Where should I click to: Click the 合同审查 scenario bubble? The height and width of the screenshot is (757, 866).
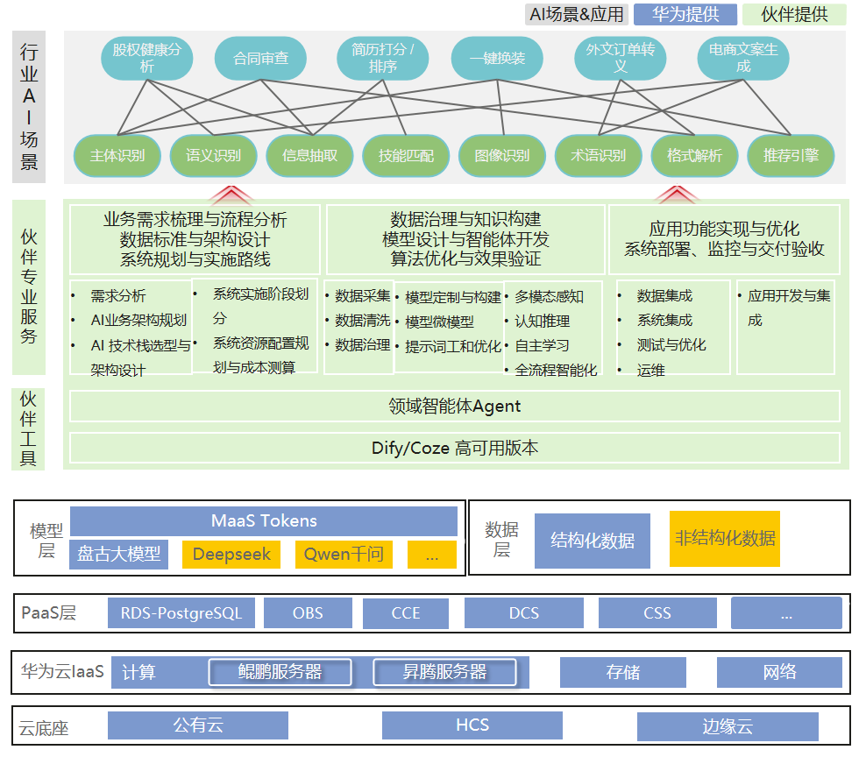coord(260,59)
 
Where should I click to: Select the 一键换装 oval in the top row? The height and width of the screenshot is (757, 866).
coord(497,59)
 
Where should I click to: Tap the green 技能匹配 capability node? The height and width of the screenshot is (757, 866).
coord(406,156)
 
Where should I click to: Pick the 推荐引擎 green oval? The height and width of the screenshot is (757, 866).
coord(791,156)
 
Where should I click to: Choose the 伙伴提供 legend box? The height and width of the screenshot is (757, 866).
coord(793,14)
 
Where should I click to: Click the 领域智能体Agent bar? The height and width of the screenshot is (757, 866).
coord(454,406)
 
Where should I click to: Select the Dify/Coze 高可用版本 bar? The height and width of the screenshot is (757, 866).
coord(454,448)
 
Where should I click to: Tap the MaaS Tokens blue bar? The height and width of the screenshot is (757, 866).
coord(264,520)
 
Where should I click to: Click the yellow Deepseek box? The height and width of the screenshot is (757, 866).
coord(231,554)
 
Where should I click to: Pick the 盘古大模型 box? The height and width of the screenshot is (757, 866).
coord(119,554)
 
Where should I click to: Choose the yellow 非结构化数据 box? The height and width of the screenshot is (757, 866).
coord(724,539)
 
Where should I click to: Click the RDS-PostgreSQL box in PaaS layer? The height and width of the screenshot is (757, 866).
coord(181,613)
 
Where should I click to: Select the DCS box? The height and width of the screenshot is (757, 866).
coord(523,613)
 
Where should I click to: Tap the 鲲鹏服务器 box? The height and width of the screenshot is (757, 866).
coord(280,672)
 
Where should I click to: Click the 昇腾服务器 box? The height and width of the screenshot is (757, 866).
coord(444,672)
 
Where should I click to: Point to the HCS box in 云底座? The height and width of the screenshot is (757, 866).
coord(472,725)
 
